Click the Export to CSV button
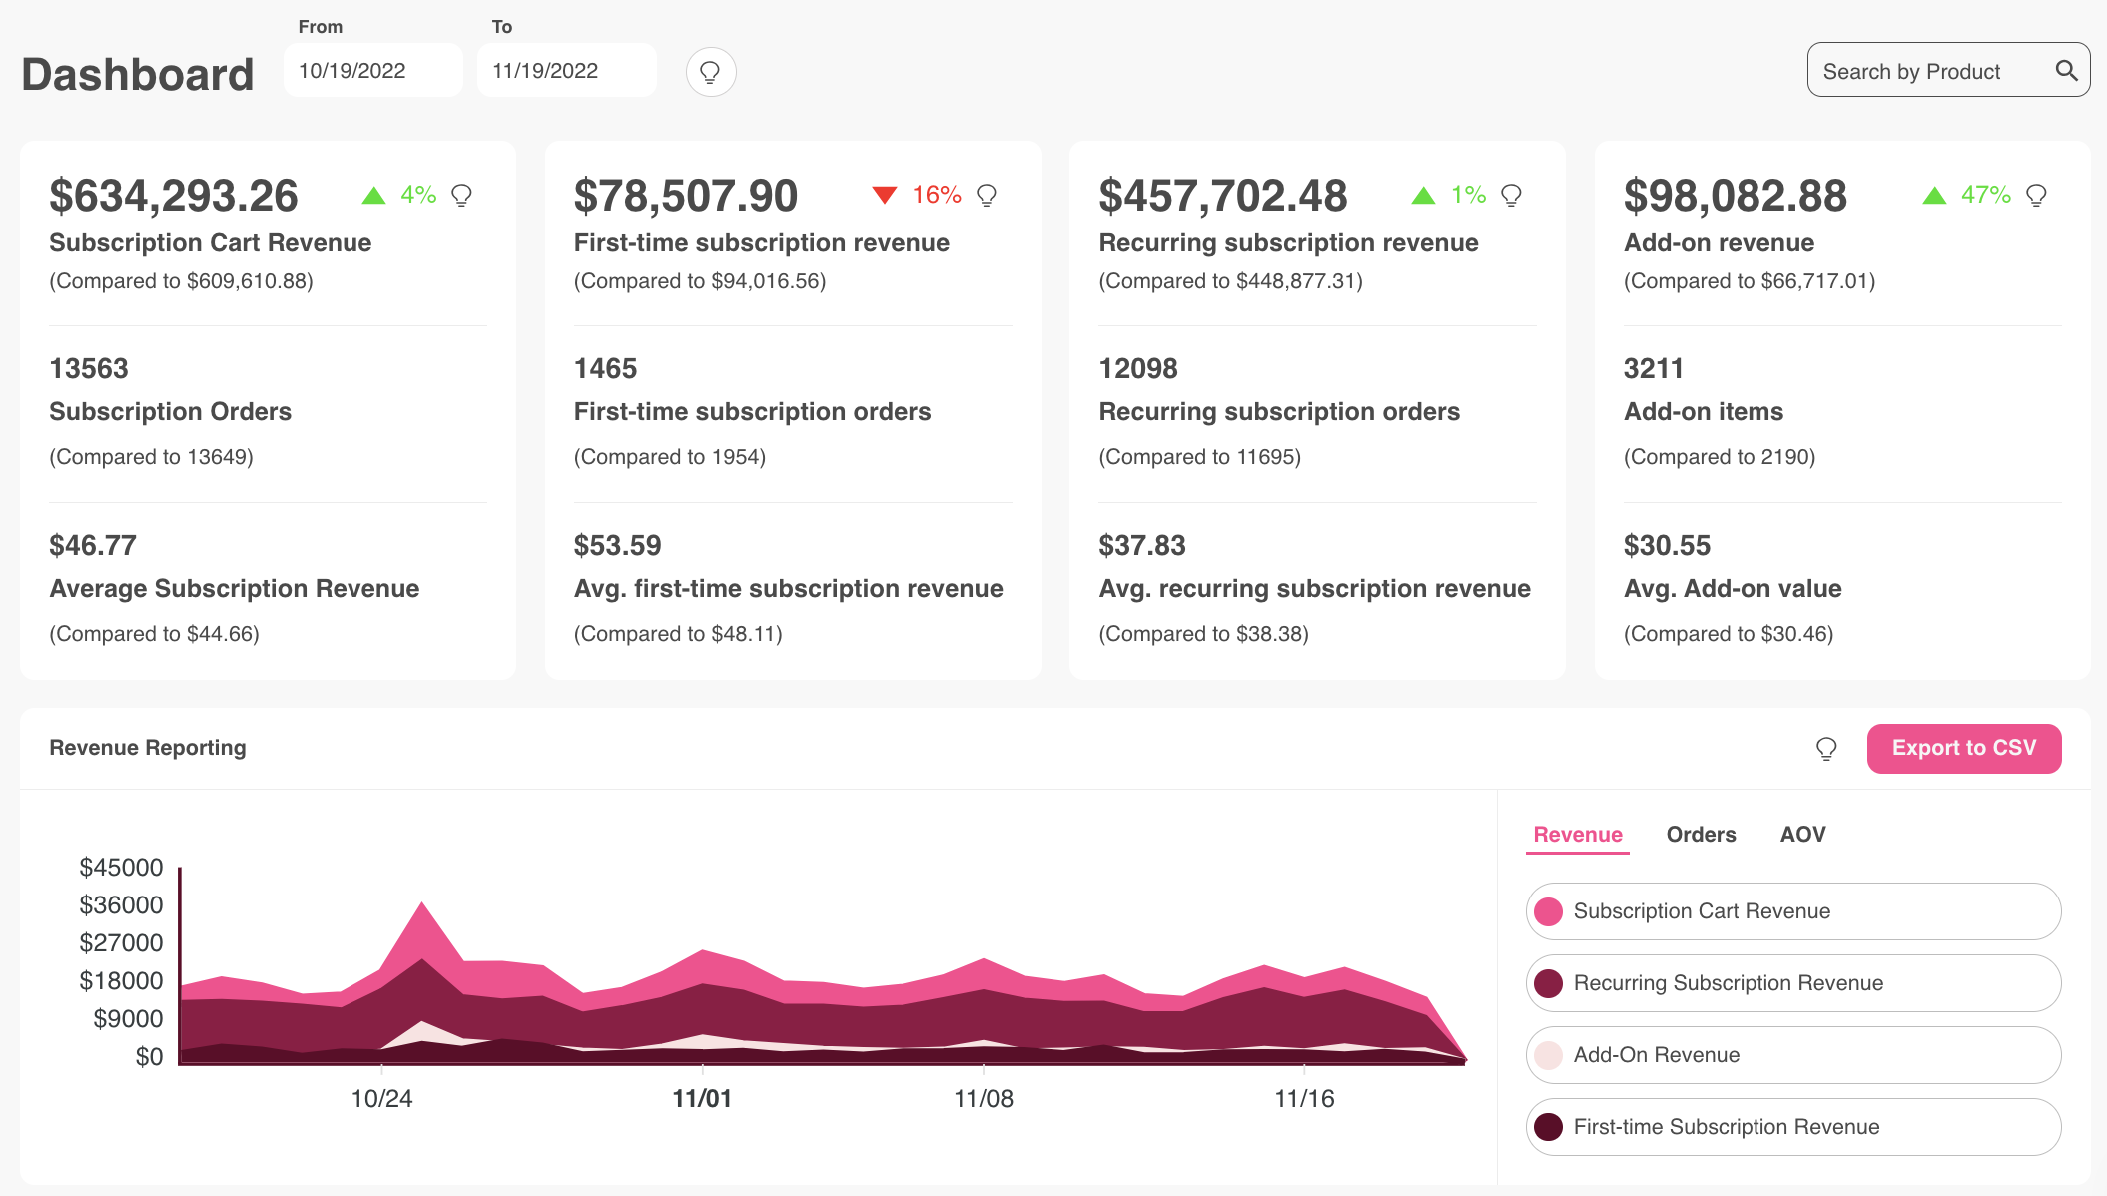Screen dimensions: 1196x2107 [x=1963, y=748]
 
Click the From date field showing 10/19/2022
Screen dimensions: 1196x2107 [x=371, y=71]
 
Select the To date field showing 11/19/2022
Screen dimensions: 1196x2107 [x=565, y=71]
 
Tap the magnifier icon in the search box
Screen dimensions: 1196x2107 [x=2066, y=71]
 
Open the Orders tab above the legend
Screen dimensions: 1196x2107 [x=1701, y=835]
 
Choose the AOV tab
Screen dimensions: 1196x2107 [x=1802, y=835]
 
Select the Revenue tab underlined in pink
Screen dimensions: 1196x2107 [x=1578, y=835]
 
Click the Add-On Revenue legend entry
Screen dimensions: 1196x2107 [x=1792, y=1055]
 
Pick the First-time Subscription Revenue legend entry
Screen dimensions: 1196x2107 [x=1792, y=1127]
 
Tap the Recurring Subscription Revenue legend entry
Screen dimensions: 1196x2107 [x=1792, y=983]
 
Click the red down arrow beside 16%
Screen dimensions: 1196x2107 [x=884, y=195]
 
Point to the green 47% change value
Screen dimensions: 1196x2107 [x=1985, y=195]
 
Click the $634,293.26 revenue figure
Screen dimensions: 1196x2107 [x=174, y=196]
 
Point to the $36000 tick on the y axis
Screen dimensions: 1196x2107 [x=121, y=905]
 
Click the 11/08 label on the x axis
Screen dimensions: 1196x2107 [x=983, y=1099]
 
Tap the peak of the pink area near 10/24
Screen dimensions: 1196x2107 [x=422, y=906]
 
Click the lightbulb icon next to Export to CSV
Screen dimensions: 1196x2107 [x=1825, y=749]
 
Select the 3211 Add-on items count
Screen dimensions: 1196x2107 [x=1653, y=369]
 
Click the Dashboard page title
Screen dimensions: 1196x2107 [x=138, y=75]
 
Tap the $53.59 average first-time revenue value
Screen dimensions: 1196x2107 [x=617, y=546]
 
